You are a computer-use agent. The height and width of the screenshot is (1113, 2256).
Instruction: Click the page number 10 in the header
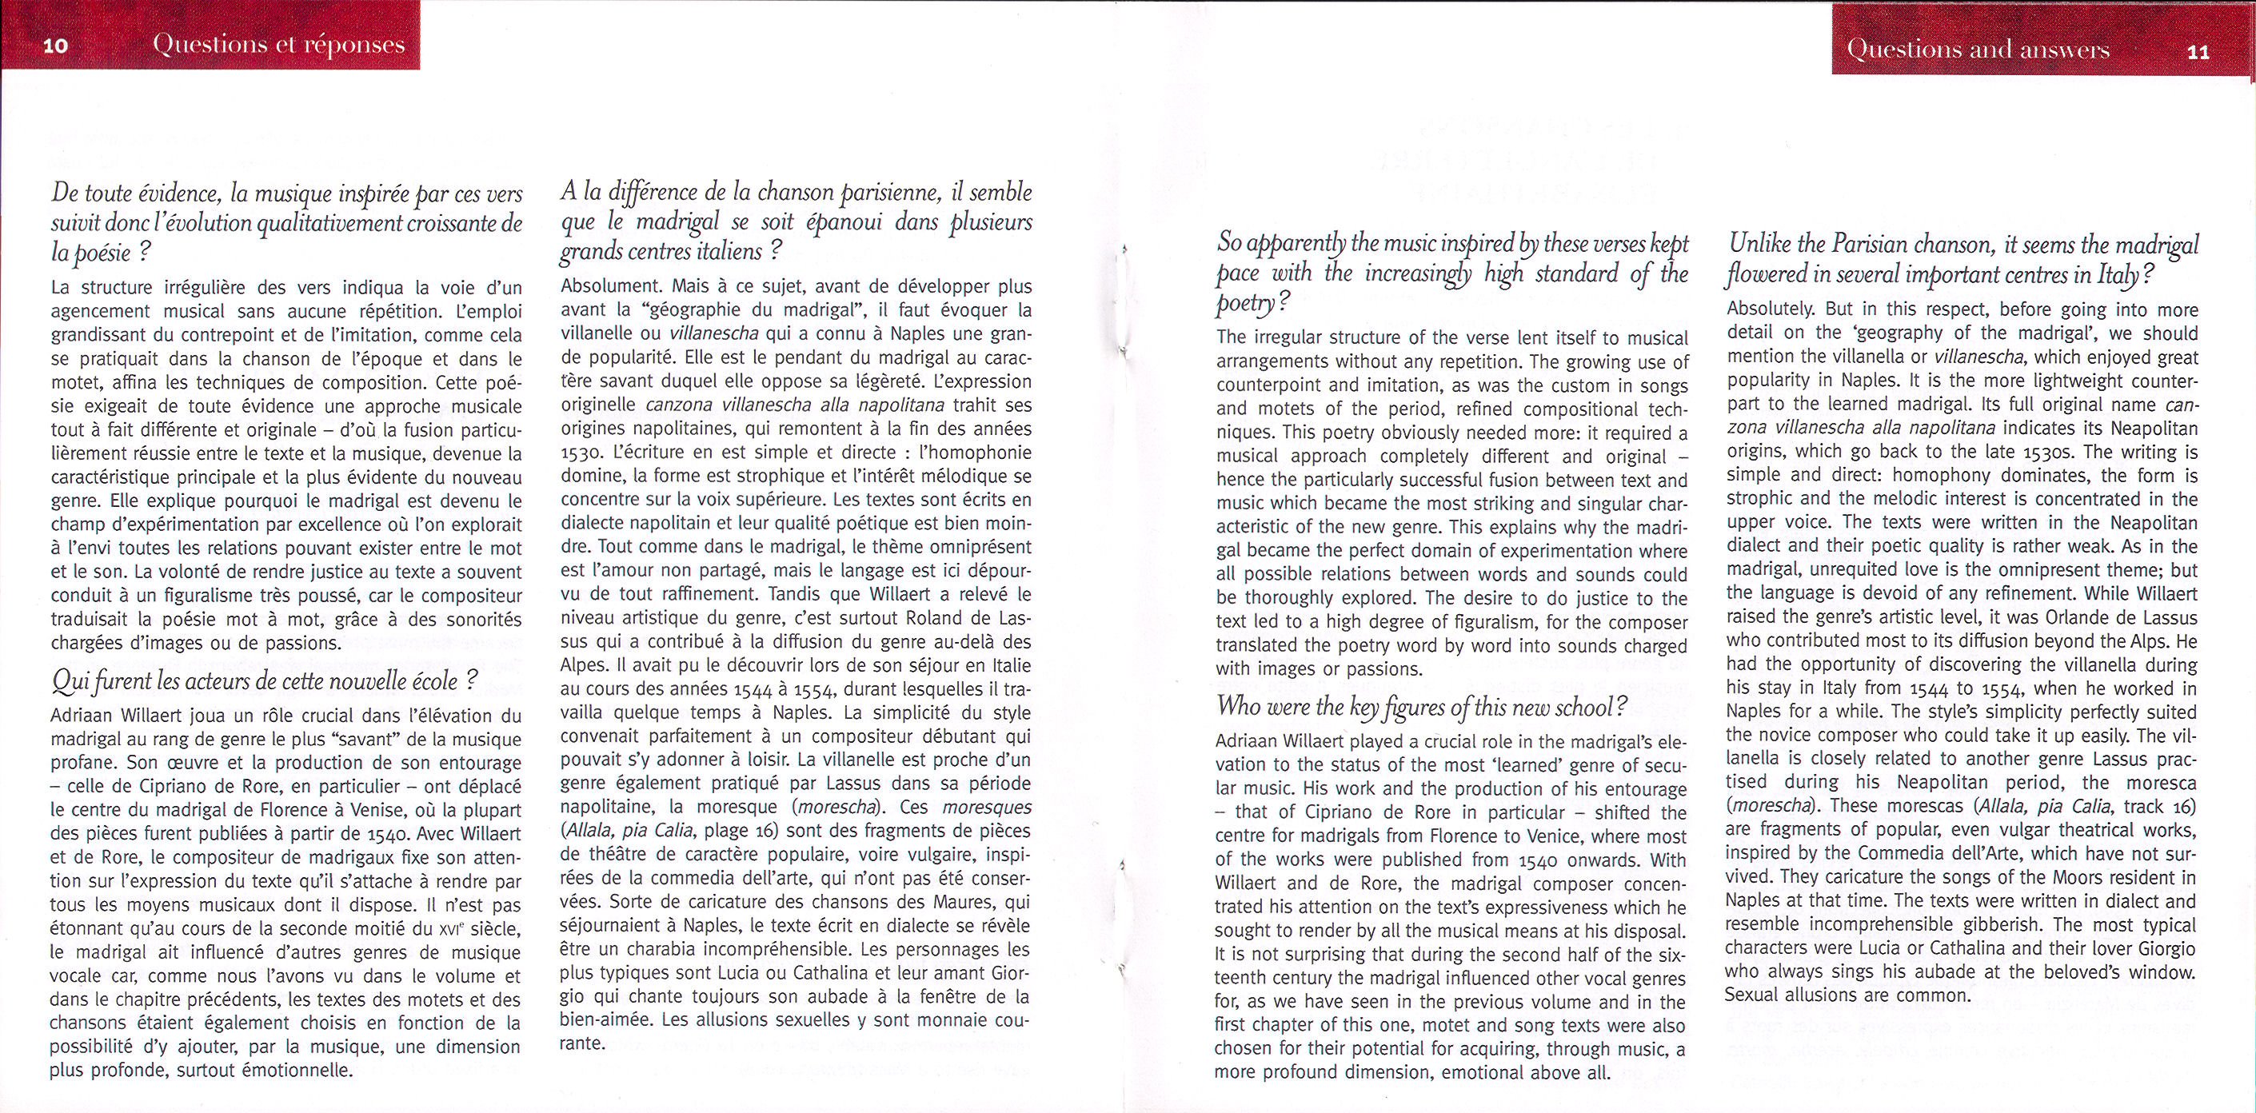coord(55,46)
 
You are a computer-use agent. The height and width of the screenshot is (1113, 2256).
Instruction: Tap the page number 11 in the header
coord(2191,52)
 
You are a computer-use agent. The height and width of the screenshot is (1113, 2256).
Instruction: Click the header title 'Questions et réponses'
coord(278,46)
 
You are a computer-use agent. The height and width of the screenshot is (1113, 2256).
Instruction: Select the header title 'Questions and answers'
coord(1978,50)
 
